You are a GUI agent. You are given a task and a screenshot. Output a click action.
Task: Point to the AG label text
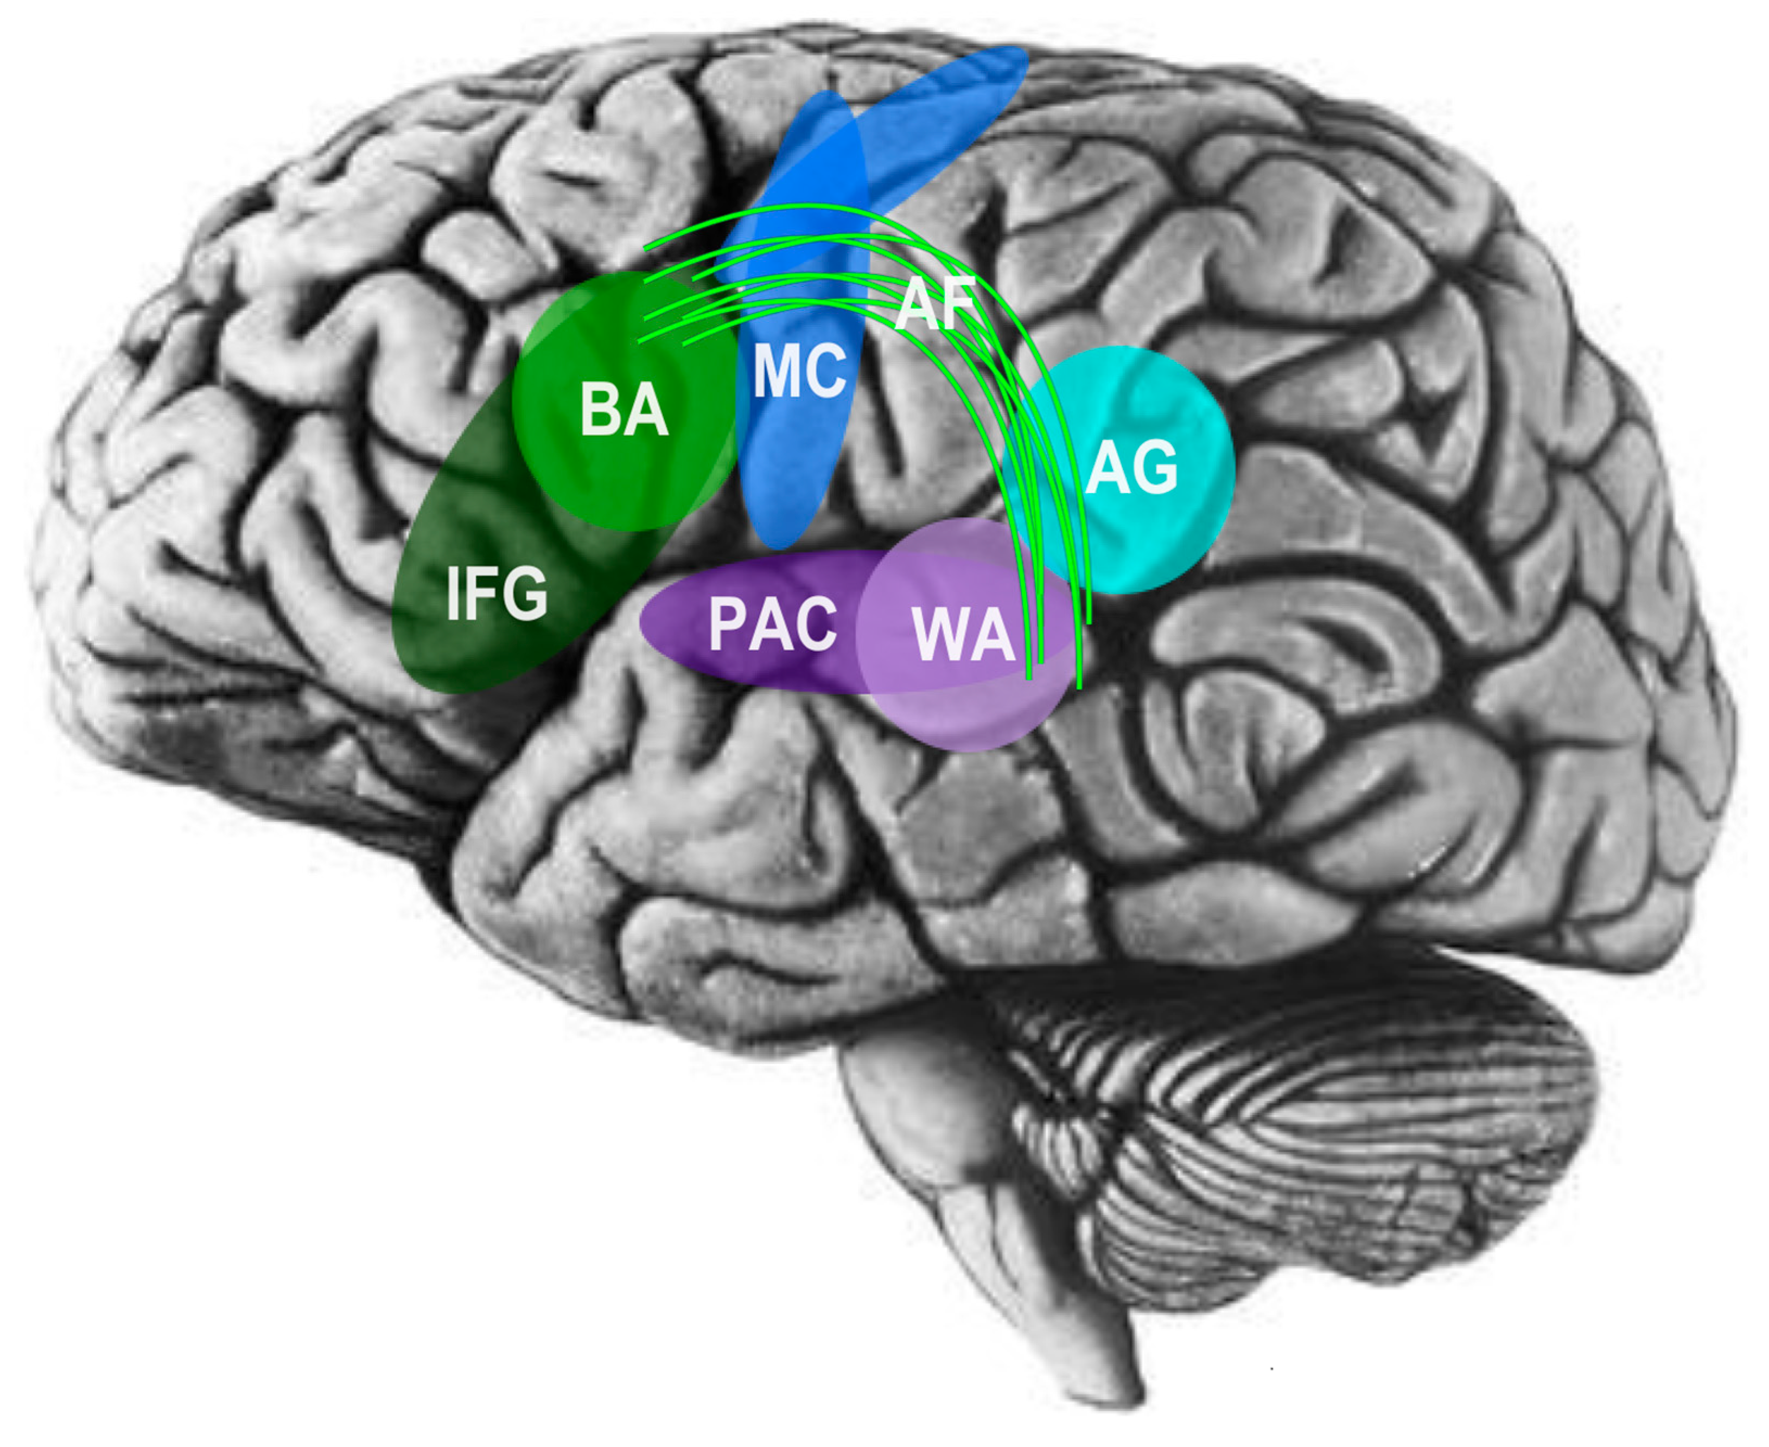[x=1131, y=468]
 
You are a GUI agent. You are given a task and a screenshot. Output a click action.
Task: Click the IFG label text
[x=497, y=594]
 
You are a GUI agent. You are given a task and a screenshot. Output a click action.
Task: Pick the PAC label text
[x=772, y=624]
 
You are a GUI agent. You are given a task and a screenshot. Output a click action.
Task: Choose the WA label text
[x=963, y=635]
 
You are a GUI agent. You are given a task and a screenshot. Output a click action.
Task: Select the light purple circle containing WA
[x=959, y=709]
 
